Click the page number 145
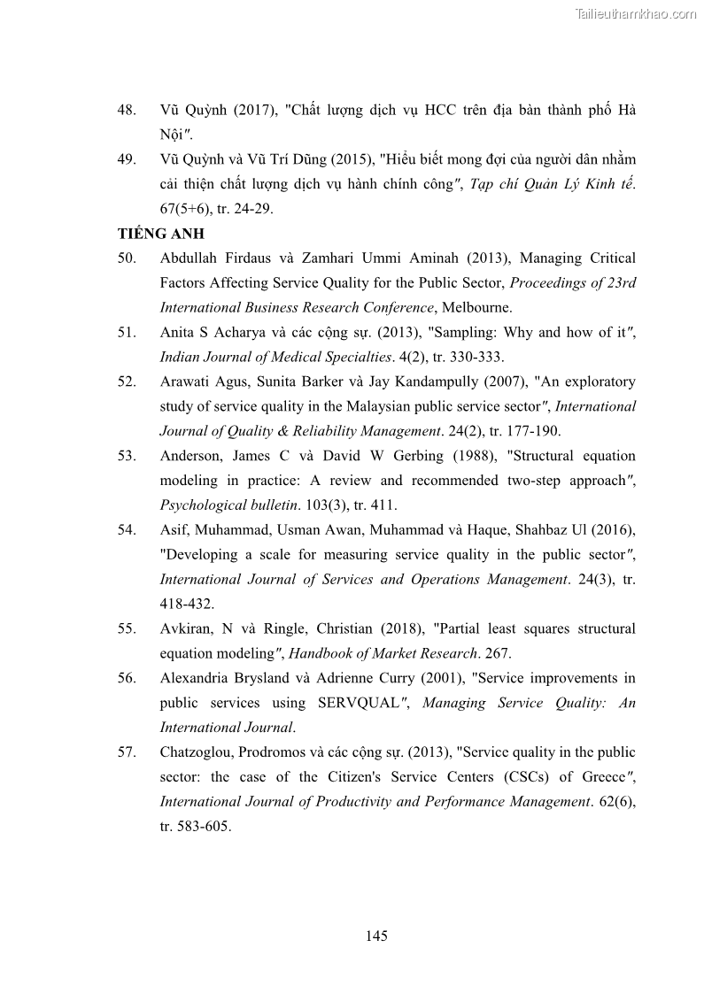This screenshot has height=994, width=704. [x=376, y=936]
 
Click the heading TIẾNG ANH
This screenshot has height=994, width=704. [x=161, y=234]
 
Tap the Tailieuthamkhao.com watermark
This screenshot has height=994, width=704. [x=636, y=13]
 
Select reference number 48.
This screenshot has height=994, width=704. [x=127, y=111]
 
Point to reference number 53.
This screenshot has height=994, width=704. [x=127, y=457]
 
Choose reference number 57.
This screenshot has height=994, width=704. [x=127, y=752]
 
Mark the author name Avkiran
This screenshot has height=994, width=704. [x=185, y=628]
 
